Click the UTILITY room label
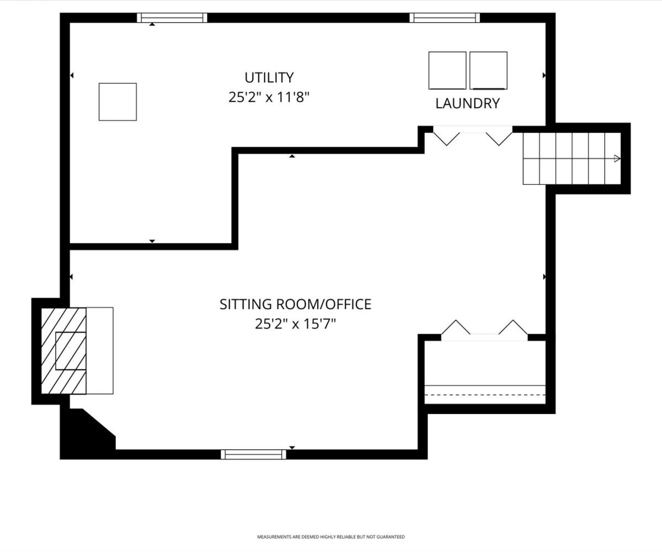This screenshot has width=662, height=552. (269, 77)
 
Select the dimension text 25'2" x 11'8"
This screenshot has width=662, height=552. (269, 97)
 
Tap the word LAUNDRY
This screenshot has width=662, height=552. (467, 103)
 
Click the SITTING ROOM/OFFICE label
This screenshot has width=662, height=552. (295, 304)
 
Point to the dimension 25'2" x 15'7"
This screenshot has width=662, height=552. (295, 324)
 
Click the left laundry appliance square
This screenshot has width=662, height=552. (447, 71)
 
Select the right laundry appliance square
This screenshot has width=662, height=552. (488, 71)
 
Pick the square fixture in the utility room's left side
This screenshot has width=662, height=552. (118, 102)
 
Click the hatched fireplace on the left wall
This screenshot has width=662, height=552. (63, 351)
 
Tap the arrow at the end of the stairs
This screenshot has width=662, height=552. (617, 158)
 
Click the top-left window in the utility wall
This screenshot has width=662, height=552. (172, 18)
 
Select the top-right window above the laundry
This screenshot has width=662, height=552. (445, 18)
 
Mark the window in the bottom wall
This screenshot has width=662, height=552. (253, 454)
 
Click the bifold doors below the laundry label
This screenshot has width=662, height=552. (472, 136)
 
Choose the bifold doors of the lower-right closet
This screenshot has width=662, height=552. (484, 331)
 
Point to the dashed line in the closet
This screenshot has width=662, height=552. (485, 395)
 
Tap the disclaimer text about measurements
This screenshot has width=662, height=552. (330, 537)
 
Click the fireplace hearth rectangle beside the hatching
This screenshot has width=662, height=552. (99, 351)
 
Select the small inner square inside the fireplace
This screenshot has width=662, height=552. (71, 351)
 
